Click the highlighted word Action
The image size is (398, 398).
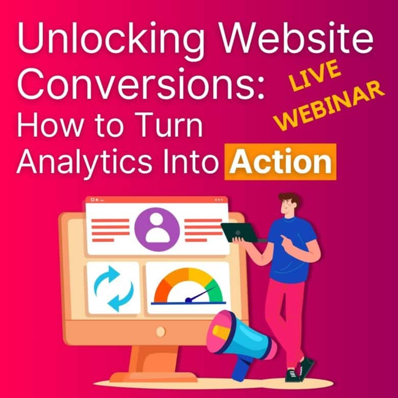point(281,162)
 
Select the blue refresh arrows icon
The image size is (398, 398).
point(113,288)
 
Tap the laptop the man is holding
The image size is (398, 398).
point(240,232)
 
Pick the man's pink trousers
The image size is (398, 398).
point(291,316)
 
